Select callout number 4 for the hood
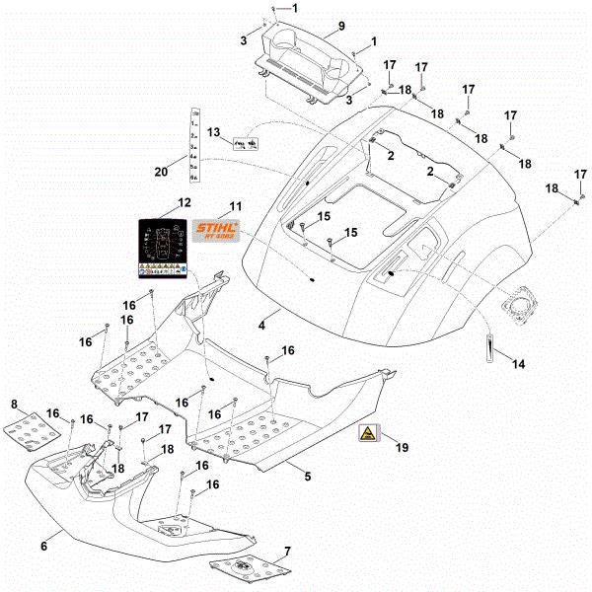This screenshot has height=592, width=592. [262, 325]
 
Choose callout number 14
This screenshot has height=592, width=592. [518, 364]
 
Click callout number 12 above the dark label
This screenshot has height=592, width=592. [184, 202]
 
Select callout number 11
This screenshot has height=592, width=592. [235, 206]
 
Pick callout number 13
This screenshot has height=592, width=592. [213, 131]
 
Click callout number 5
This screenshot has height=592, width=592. [307, 477]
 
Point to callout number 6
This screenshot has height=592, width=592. [43, 545]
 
